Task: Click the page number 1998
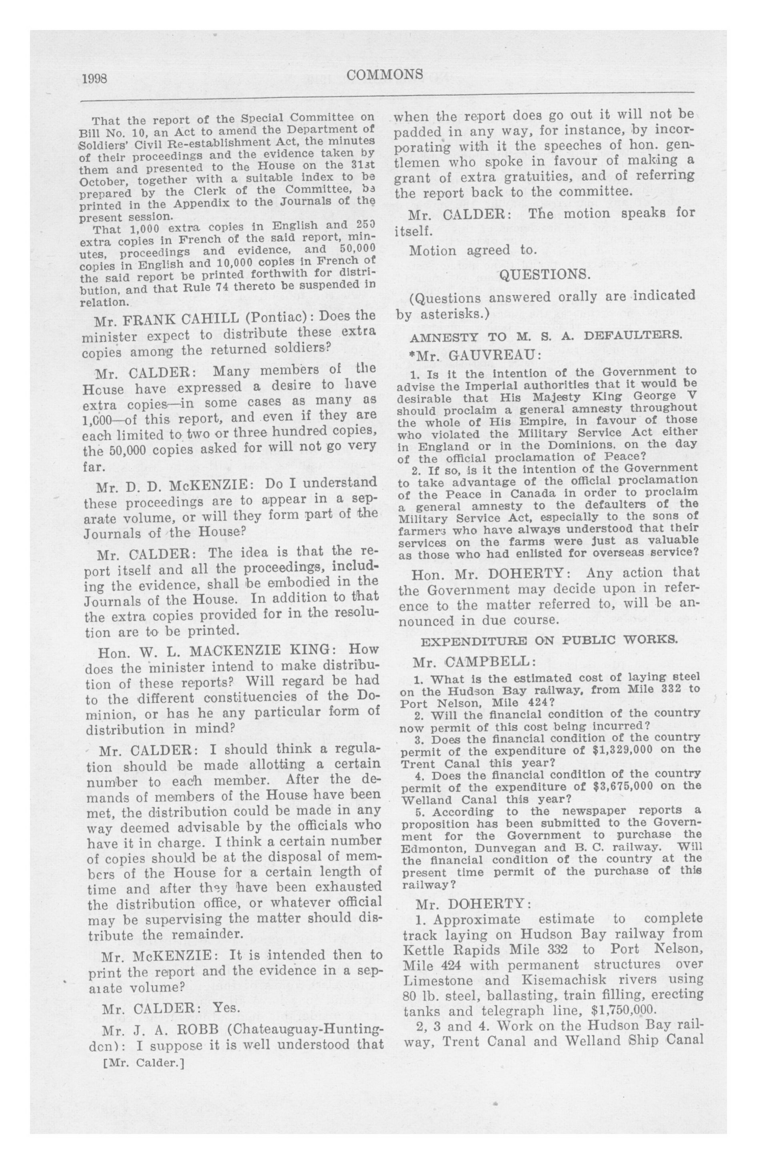click(x=95, y=79)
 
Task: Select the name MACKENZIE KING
click(x=251, y=650)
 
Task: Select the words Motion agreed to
click(x=473, y=251)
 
